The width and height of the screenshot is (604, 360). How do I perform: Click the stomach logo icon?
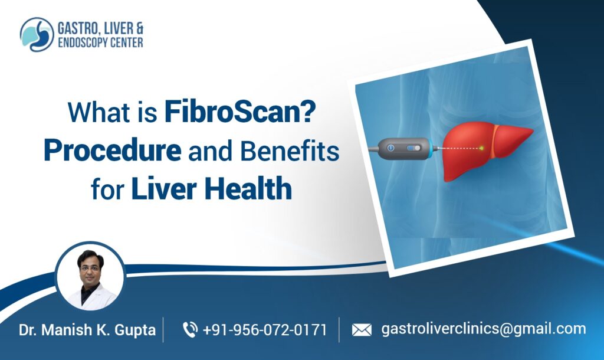pos(37,35)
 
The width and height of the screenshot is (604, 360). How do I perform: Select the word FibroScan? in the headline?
pos(239,112)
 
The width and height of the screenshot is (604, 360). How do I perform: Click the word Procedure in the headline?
pos(112,151)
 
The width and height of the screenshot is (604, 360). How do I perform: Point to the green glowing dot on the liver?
pos(482,147)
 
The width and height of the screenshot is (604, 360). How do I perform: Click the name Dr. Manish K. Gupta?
pos(87,330)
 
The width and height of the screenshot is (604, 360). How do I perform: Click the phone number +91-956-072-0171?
pos(264,330)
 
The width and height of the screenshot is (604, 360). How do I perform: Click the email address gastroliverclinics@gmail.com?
pos(484,329)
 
